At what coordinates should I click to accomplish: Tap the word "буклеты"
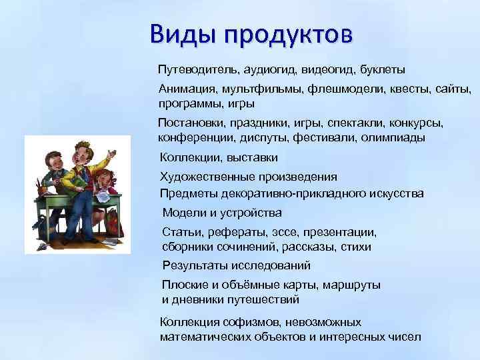point(382,69)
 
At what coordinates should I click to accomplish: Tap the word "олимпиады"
point(393,138)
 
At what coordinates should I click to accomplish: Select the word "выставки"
point(253,157)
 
